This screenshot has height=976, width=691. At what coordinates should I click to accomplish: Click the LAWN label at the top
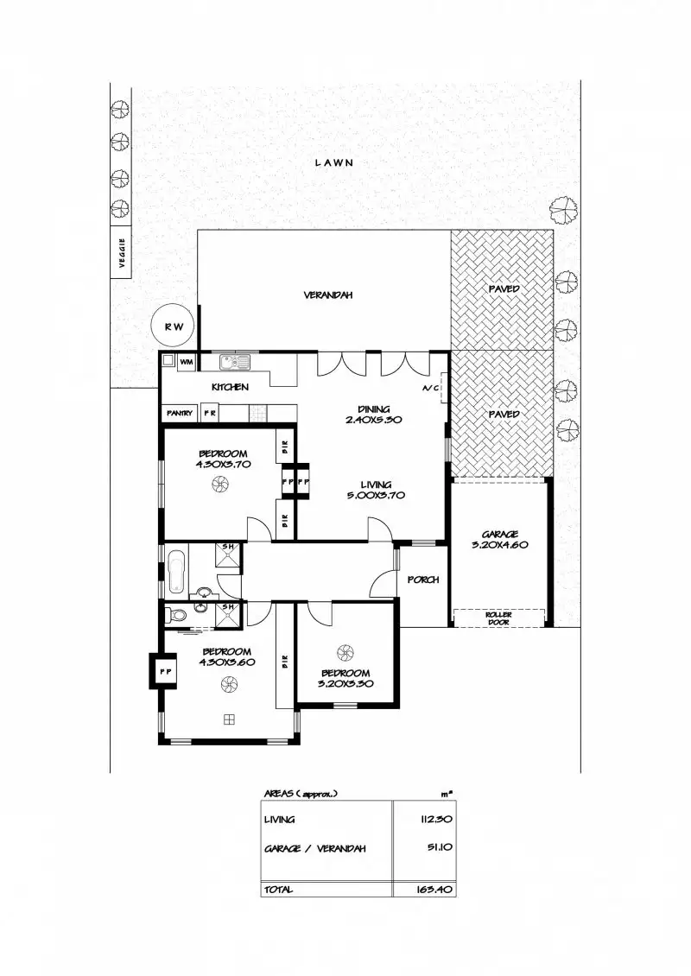[x=334, y=162]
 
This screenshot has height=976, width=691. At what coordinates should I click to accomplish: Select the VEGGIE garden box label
[x=122, y=252]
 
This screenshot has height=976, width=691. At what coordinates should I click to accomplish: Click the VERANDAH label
[x=327, y=295]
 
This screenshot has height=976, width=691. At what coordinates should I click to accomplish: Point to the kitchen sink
[x=234, y=361]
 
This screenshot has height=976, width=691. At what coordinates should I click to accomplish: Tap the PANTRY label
[x=181, y=414]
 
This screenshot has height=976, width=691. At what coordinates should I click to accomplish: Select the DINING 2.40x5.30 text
[x=374, y=414]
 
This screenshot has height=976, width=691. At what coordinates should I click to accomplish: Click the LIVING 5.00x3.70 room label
[x=376, y=490]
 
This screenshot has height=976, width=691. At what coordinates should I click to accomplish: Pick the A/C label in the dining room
[x=431, y=389]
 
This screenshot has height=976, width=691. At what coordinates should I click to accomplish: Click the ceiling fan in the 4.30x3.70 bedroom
[x=219, y=486]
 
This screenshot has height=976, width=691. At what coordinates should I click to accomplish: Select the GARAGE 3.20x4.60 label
[x=500, y=539]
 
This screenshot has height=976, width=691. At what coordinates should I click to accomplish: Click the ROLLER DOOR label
[x=499, y=618]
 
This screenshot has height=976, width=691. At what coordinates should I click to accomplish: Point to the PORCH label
[x=423, y=580]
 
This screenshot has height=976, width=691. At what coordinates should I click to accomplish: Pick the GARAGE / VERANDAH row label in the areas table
[x=314, y=849]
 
